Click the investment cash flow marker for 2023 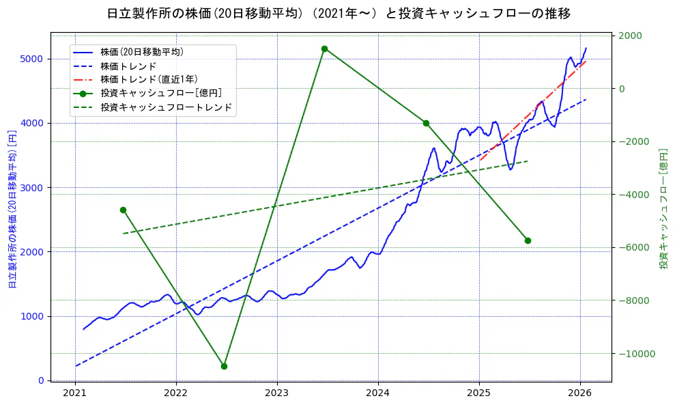324,48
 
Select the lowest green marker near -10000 224,366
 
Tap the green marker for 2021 123,210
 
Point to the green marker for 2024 426,123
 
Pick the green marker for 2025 528,240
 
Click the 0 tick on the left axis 42,380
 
